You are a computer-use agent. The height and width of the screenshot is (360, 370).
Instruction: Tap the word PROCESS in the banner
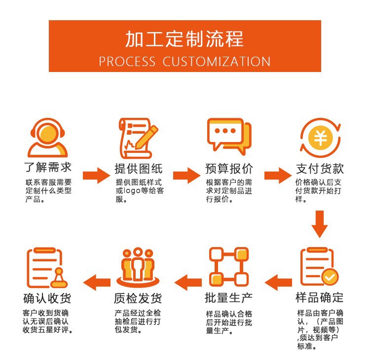(127, 62)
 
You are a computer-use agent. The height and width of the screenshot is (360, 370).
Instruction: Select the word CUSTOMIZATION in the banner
(217, 62)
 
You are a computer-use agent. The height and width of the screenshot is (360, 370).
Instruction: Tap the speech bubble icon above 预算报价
(228, 136)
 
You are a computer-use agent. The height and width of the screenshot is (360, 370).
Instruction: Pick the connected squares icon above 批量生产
(228, 267)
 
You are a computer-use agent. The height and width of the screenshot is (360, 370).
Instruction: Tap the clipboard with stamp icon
(47, 268)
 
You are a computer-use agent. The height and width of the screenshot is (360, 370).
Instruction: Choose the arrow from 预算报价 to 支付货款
(278, 174)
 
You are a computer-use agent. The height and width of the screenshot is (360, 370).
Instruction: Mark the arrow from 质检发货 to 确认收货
(97, 283)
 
